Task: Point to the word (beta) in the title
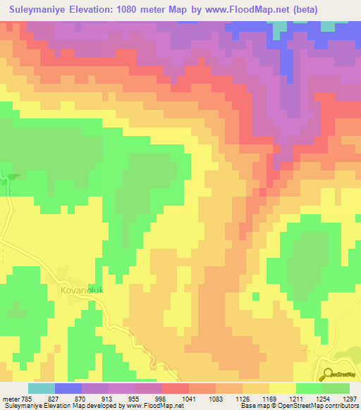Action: click(302, 10)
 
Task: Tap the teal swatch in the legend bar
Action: click(42, 388)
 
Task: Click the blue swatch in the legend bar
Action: click(68, 388)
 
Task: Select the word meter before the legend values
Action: click(12, 399)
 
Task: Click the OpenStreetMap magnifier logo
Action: click(327, 374)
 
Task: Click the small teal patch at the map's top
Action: click(280, 27)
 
